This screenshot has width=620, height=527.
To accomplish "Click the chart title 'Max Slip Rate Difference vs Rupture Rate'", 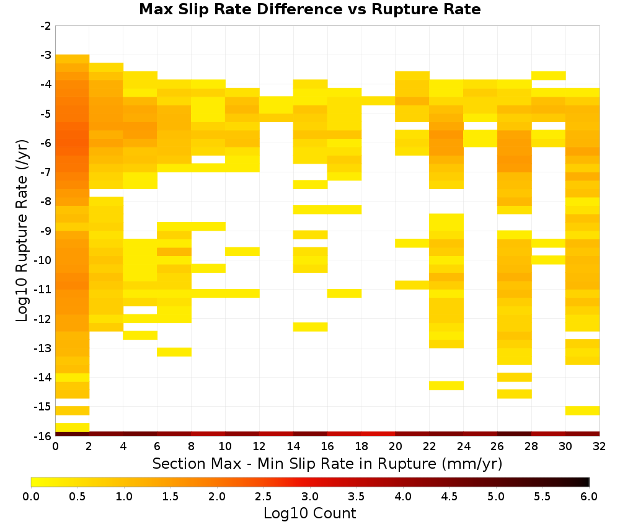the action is coord(309,9).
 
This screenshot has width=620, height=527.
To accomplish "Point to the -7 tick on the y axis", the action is coord(46,172).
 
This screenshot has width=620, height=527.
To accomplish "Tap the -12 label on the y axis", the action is coord(44,319).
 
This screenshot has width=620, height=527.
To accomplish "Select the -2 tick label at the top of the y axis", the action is coord(46,26).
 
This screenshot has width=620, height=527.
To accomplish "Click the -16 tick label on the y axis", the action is coord(44,436).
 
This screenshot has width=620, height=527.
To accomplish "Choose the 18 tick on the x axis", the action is coord(361,446).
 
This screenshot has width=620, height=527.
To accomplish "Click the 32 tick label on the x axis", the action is coord(600,446).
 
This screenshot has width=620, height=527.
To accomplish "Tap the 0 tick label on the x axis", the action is coord(55,446).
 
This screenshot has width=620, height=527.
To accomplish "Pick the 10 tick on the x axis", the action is coord(226,446).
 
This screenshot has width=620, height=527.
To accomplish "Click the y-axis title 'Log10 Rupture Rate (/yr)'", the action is coord(22,231).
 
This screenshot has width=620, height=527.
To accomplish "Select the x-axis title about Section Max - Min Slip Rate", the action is coord(327,463).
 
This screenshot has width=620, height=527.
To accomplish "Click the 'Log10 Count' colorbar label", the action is coord(310,513).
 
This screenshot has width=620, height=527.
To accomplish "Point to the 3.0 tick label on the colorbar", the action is coord(310,496).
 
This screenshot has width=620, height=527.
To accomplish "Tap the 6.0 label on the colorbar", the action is coord(589,496).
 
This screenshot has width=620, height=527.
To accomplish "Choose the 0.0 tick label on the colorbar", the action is coord(31,496).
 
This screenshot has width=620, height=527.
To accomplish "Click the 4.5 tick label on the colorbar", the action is coord(449,496).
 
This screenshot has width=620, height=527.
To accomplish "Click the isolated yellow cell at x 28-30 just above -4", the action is coord(549,76).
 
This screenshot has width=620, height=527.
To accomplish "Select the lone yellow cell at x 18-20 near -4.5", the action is coord(378,100).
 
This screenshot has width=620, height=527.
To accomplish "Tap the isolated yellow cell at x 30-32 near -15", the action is coord(582,410).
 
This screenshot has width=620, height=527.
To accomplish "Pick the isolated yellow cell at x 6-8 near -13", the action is coord(174,352).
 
